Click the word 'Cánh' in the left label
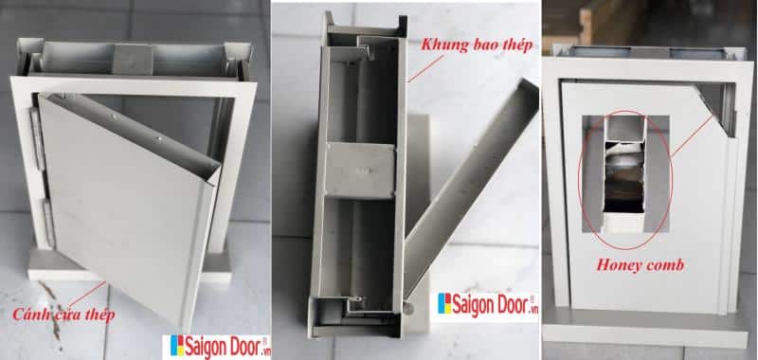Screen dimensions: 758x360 (x=28, y=315)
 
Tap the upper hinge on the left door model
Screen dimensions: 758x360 (x=35, y=137)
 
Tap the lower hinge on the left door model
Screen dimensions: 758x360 (x=48, y=224)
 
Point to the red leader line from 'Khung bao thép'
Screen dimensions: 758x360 (x=425, y=67)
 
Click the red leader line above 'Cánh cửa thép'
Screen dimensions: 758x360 (x=88, y=294)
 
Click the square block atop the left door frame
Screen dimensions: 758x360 (x=133, y=59)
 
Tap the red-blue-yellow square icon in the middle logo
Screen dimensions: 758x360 (x=444, y=303)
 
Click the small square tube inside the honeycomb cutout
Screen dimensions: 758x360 (x=625, y=130)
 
